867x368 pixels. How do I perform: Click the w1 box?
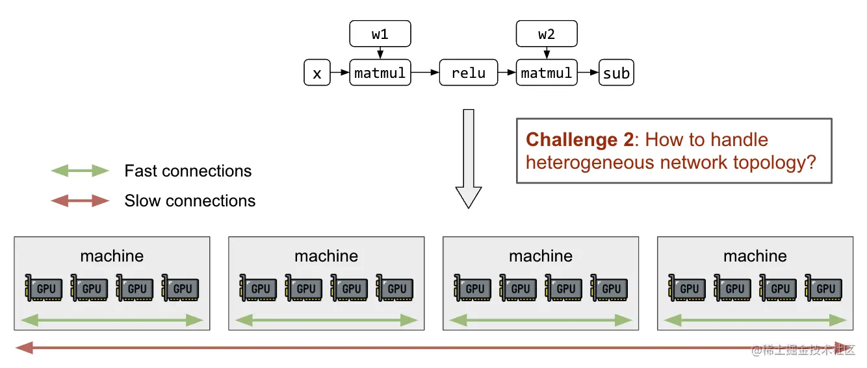click(380, 34)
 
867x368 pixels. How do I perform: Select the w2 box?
click(547, 34)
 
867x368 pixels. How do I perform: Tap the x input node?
click(317, 73)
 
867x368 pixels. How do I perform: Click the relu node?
click(469, 73)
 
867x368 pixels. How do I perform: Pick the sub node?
click(615, 73)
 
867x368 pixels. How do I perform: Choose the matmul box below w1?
click(380, 73)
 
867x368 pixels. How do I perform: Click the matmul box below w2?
click(547, 73)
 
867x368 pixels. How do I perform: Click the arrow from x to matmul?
click(340, 73)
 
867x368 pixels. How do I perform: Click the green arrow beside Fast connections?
click(80, 171)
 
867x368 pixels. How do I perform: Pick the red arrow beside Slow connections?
click(80, 201)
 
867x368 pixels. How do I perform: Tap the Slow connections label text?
click(190, 201)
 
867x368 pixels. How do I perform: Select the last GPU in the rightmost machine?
click(824, 288)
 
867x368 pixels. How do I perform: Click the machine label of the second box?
click(326, 256)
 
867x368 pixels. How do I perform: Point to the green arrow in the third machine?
click(540, 320)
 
